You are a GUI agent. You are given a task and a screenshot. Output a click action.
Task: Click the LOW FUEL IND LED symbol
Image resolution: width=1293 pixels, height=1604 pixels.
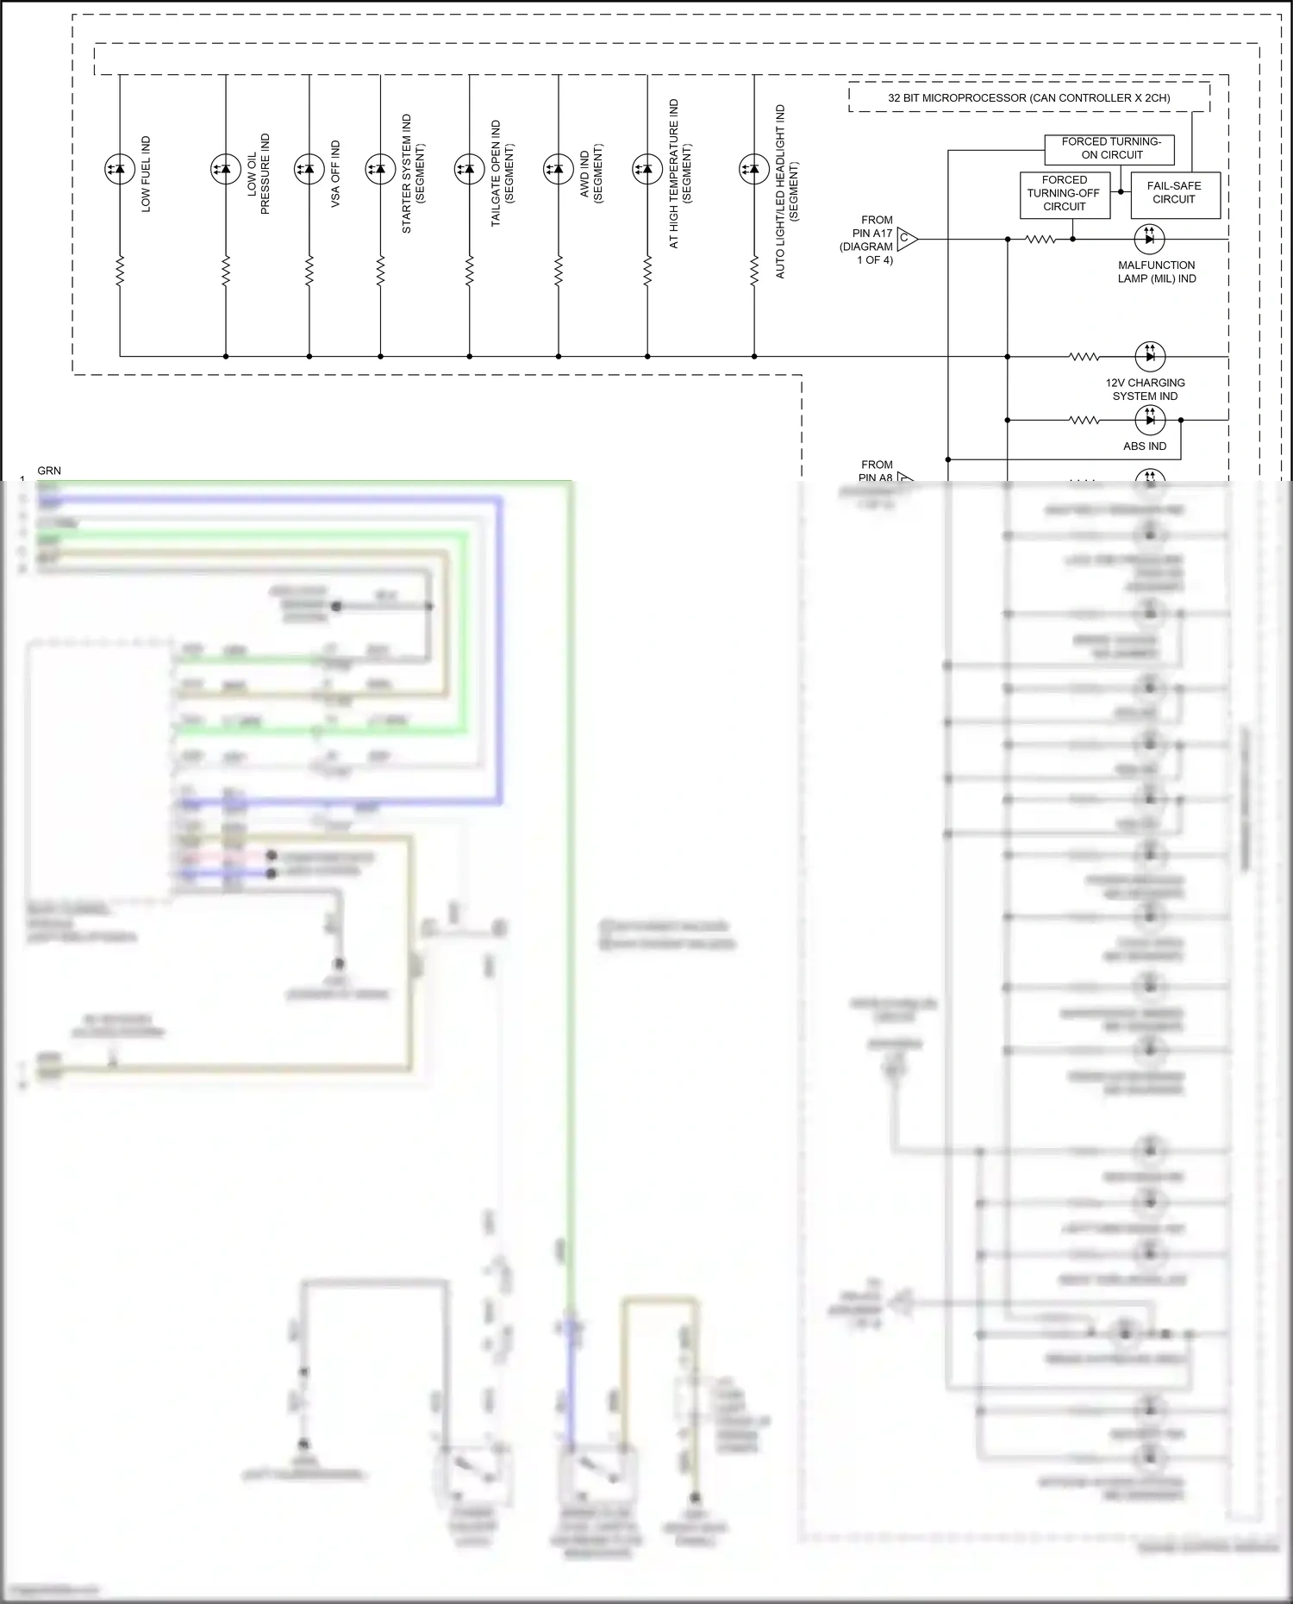point(119,169)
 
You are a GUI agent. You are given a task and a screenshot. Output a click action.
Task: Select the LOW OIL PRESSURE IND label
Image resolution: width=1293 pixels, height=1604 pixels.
point(259,174)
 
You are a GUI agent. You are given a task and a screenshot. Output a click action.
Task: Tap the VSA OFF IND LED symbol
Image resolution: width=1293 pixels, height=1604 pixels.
point(309,169)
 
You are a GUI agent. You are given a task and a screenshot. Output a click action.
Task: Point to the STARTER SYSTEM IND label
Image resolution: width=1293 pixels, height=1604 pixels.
point(413,173)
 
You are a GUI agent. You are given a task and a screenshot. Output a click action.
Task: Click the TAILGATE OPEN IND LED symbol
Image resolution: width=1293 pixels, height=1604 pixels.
point(469,169)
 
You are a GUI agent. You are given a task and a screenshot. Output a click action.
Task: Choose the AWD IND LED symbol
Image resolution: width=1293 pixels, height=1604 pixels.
point(558,169)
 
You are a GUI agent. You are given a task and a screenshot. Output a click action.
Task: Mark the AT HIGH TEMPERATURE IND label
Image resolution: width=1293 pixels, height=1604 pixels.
point(680,173)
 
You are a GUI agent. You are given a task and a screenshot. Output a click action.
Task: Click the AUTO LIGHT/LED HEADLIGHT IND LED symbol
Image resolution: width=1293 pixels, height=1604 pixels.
point(753,169)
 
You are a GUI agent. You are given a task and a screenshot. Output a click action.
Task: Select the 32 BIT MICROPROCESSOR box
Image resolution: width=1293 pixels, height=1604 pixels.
point(1028,97)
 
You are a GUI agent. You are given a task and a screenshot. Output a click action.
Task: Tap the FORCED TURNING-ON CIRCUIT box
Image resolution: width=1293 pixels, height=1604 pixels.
point(1109,148)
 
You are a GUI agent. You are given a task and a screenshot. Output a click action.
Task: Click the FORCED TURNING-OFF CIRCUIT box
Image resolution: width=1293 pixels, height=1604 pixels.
point(1064,194)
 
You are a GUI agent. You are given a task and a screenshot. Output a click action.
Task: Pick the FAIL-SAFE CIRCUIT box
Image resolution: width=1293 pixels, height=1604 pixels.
point(1173,193)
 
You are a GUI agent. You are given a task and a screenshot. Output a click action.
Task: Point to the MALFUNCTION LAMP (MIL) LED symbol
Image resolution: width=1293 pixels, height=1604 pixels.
point(1149,239)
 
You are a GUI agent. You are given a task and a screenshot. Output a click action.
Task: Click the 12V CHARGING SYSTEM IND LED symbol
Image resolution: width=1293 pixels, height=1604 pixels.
point(1149,356)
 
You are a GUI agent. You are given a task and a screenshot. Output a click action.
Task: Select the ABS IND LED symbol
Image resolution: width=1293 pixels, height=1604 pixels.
point(1149,420)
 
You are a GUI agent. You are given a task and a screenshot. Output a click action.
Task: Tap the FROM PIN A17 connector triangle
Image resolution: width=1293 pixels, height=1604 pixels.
point(907,239)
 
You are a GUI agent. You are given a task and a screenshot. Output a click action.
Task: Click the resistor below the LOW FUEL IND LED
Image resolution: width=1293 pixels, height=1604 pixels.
point(119,270)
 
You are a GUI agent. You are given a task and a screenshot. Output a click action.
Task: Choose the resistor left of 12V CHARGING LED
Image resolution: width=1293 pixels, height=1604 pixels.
point(1084,356)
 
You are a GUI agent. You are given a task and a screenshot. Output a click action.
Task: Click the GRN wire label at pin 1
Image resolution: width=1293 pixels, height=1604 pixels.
point(49,471)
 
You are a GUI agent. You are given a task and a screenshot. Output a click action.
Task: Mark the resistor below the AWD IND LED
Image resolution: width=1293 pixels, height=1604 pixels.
point(558,270)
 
